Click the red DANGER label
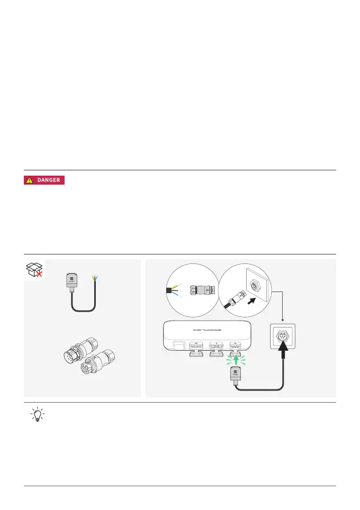pos(44,180)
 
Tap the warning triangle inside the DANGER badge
pos(30,180)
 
